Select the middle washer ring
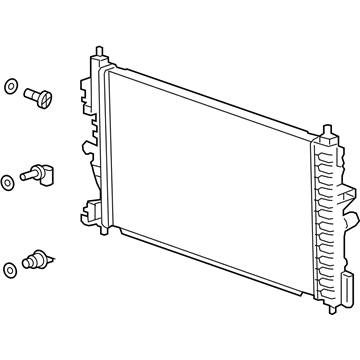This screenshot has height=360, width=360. click(x=8, y=180)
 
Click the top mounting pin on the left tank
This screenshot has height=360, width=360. click(x=98, y=50)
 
